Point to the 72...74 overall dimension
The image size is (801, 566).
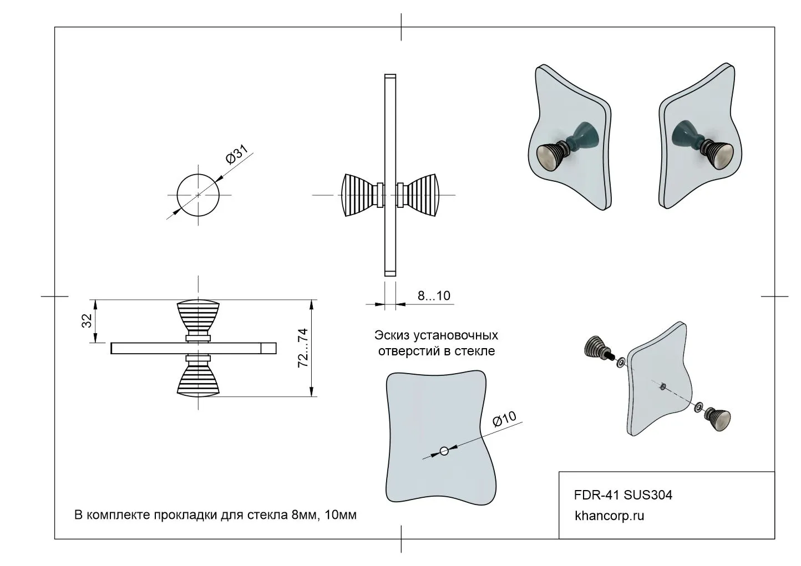[303, 348]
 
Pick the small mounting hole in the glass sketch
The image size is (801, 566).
[444, 450]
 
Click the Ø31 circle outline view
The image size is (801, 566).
[197, 195]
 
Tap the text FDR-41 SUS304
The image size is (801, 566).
[623, 494]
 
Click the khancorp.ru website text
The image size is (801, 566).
[610, 516]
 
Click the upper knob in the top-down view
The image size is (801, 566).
[198, 318]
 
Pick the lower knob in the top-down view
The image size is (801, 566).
[198, 380]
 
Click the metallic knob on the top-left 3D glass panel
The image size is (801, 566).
[551, 157]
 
